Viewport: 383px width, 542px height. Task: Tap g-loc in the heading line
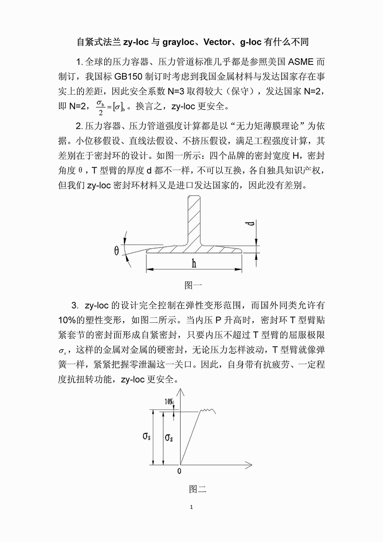point(251,42)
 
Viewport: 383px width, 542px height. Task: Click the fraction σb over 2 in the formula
point(101,107)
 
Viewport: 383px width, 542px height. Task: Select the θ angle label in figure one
point(116,251)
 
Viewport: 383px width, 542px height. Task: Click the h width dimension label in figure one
point(194,264)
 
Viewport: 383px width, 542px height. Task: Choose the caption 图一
point(193,285)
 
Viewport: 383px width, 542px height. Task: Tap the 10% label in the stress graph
point(169,402)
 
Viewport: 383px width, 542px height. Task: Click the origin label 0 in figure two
point(179,471)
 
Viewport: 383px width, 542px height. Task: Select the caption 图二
point(198,489)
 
